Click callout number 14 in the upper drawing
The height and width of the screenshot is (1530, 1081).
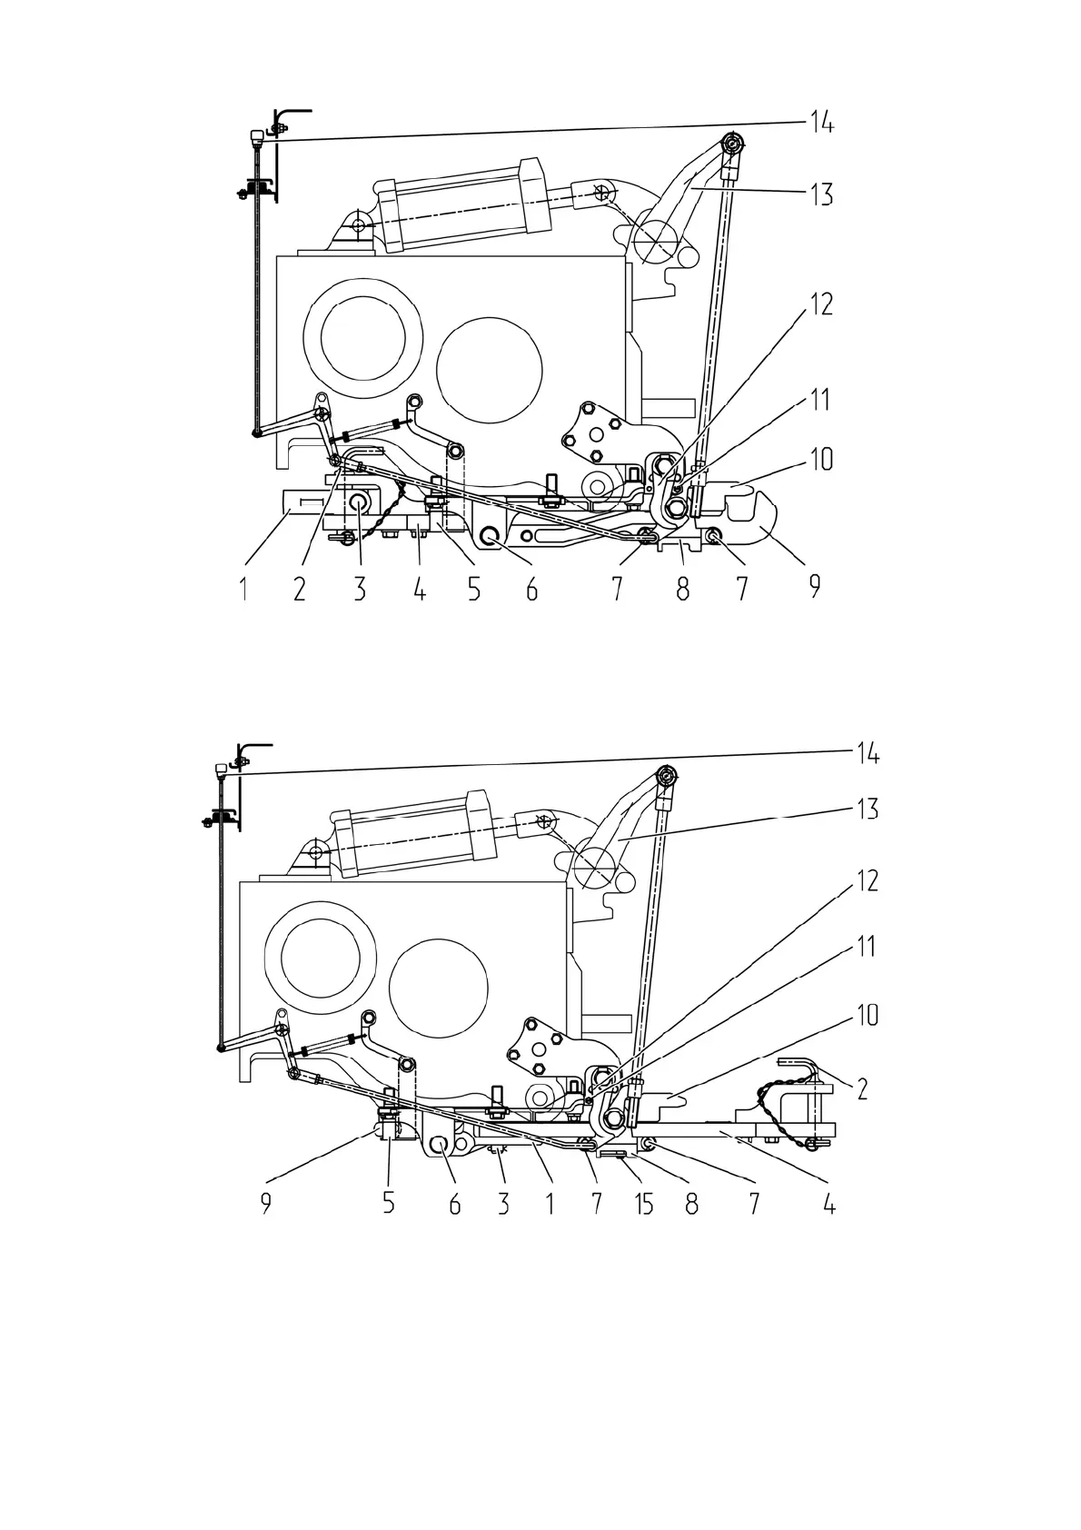pos(822,123)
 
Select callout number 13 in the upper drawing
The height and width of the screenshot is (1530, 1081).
pos(822,194)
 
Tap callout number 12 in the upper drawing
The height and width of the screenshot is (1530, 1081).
pos(822,304)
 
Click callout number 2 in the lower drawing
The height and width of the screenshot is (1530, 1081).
pos(862,1088)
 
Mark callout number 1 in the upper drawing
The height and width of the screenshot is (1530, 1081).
pos(243,589)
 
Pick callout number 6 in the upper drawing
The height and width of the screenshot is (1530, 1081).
pos(532,589)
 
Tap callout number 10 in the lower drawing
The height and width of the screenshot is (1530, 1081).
pos(868,1016)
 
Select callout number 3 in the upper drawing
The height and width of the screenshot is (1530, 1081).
pos(360,589)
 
